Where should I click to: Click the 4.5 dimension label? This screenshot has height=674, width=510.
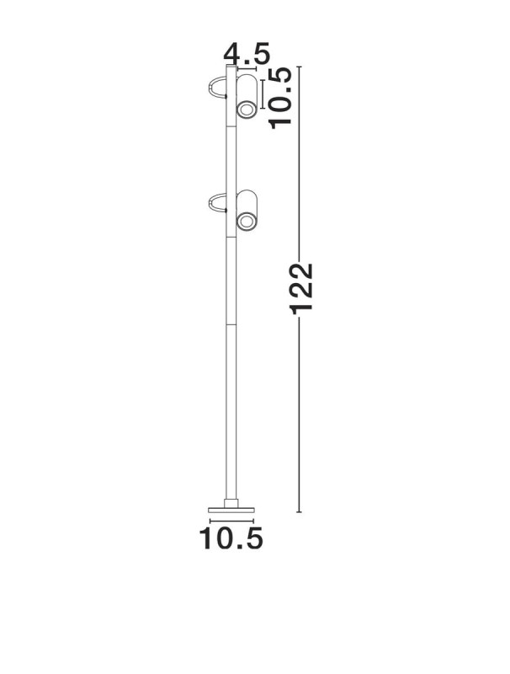247,54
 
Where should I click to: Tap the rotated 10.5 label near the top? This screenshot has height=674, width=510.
280,98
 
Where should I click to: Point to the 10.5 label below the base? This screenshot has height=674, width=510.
231,538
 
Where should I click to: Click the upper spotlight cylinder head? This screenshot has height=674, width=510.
247,96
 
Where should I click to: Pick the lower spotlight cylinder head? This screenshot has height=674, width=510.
247,210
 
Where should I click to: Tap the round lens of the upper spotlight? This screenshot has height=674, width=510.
247,110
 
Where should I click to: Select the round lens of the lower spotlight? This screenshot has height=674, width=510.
247,222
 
